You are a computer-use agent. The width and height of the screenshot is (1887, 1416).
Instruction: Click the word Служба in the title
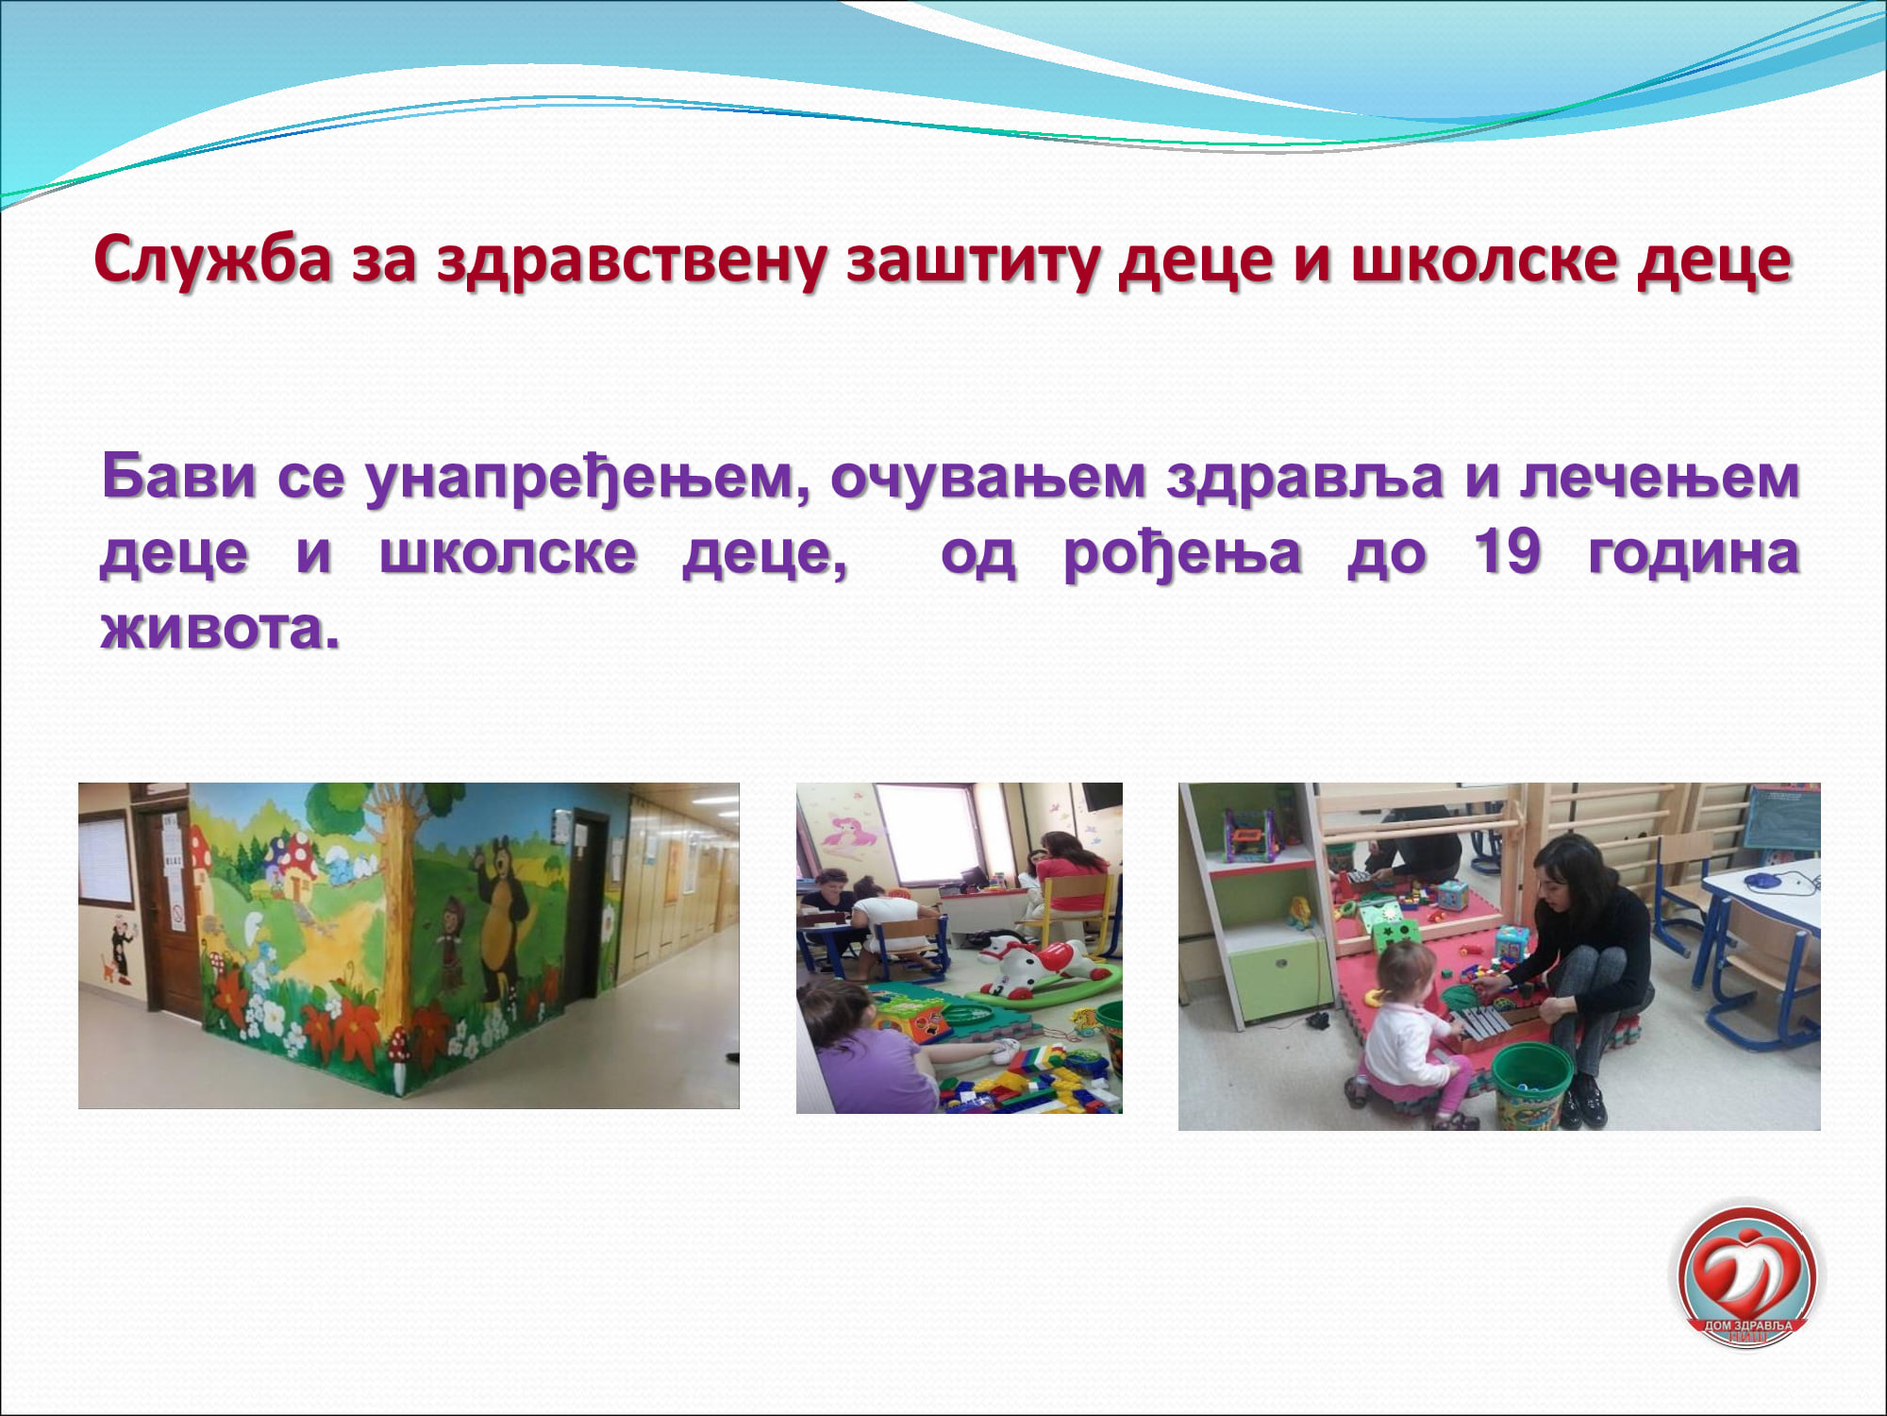pos(213,259)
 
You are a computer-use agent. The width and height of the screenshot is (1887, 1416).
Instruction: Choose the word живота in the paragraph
pos(220,627)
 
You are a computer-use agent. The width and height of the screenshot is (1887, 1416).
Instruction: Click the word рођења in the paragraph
pos(1182,554)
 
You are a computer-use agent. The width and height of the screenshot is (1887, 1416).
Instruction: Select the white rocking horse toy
pos(1038,968)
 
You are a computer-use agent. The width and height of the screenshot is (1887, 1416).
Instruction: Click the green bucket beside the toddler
pos(1530,1086)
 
